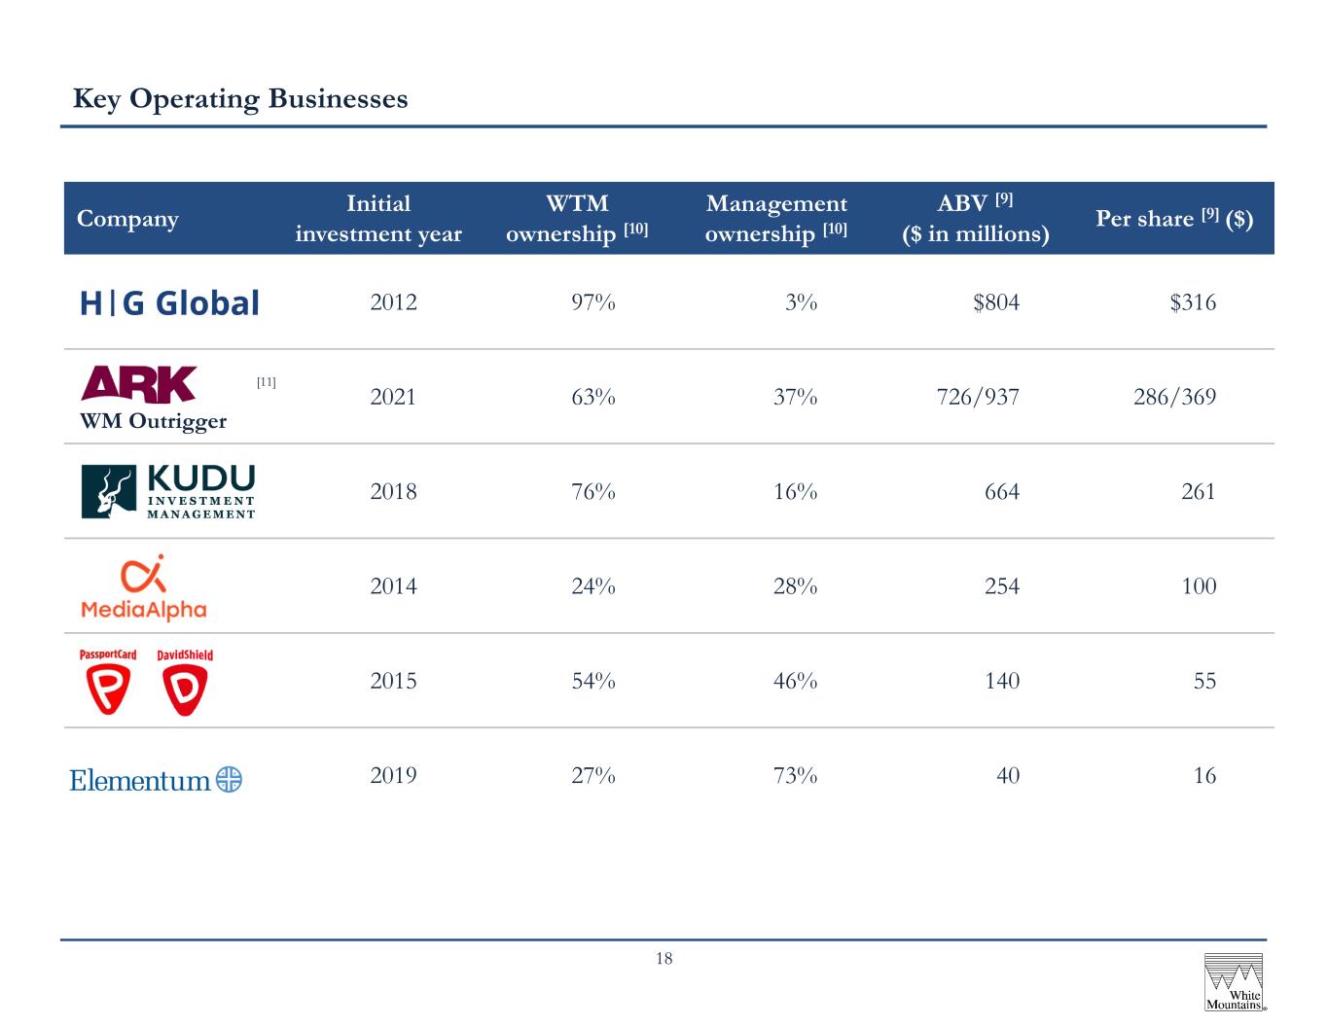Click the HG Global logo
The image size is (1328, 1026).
click(169, 302)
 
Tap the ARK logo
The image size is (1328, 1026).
click(138, 384)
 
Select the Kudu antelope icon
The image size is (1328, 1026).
click(109, 492)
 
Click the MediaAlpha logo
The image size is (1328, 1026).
click(144, 587)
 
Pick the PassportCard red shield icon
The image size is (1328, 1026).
click(108, 689)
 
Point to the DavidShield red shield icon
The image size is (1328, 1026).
click(185, 690)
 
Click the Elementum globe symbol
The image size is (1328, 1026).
click(230, 779)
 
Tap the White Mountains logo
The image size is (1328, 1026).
click(1234, 982)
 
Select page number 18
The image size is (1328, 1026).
click(664, 958)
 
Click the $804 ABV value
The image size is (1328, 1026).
click(996, 302)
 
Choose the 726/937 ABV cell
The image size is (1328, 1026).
click(978, 397)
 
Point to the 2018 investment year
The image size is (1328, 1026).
click(393, 492)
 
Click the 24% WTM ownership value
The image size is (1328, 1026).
click(592, 586)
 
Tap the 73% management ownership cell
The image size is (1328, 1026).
click(795, 776)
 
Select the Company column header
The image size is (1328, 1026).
click(127, 219)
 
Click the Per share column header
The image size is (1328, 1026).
click(1174, 218)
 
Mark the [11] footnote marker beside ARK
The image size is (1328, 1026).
click(266, 382)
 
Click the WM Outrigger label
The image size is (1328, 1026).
click(153, 422)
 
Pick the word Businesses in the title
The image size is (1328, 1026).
click(338, 99)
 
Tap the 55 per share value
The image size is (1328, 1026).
click(1204, 681)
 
